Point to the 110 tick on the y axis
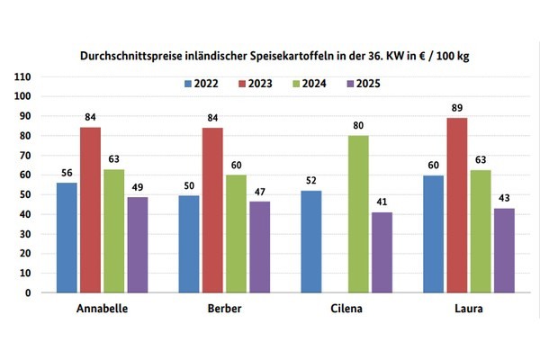(23, 76)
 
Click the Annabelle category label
(102, 309)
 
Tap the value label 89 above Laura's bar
(457, 109)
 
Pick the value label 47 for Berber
(259, 192)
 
